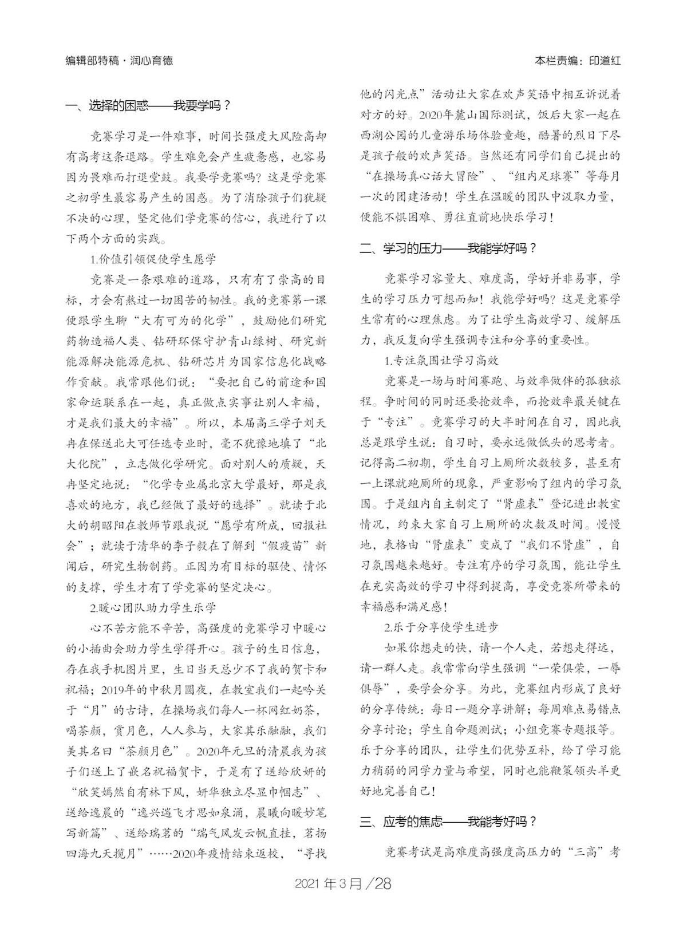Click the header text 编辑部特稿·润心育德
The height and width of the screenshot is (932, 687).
point(119,60)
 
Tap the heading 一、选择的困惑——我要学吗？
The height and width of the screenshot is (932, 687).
point(148,106)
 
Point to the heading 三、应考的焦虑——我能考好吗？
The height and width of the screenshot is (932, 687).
point(448,822)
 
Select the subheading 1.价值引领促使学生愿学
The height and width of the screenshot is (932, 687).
point(153,259)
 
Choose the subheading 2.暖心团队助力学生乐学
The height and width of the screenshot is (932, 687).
point(153,606)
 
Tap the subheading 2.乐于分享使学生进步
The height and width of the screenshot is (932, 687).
point(441,627)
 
